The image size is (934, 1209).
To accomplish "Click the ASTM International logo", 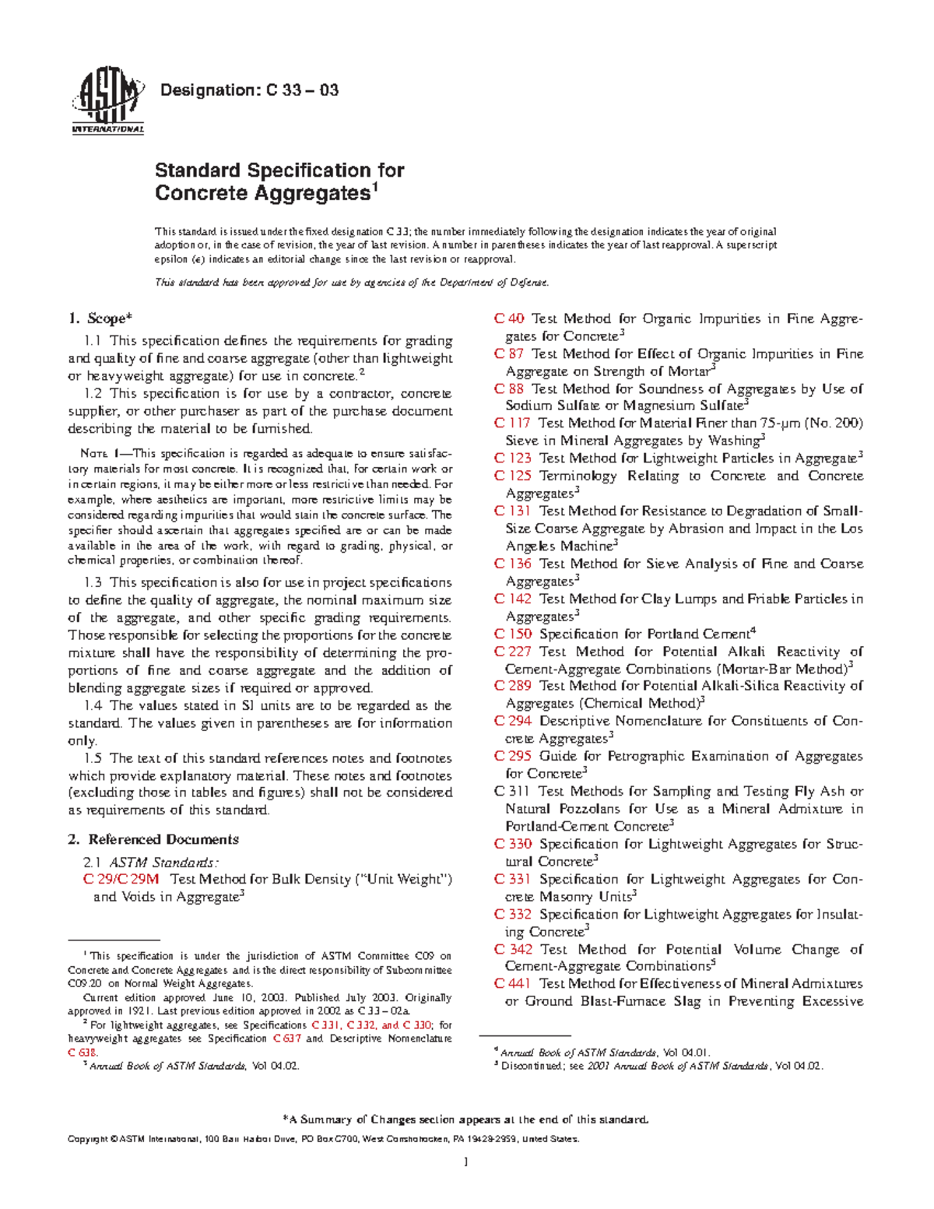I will click(x=107, y=104).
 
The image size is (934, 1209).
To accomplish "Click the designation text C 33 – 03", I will click(x=249, y=90).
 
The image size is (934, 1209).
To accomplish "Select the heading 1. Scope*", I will click(x=100, y=318).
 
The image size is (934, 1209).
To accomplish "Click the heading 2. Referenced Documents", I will click(x=153, y=839).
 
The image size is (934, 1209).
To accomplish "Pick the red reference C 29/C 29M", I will click(x=121, y=879).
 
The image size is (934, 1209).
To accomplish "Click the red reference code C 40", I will click(x=509, y=318).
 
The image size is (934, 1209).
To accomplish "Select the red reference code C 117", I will click(x=512, y=423).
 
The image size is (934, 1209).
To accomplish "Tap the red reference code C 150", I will click(x=513, y=634).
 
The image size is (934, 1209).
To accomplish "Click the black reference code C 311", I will click(x=512, y=791).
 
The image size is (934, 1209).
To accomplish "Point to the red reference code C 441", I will click(x=513, y=983).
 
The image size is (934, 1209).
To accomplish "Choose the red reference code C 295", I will click(x=513, y=756).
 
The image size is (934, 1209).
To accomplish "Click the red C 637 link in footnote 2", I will click(x=286, y=1039).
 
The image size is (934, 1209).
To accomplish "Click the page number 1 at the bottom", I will click(x=466, y=1162).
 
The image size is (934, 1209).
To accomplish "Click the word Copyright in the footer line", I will click(x=87, y=1139).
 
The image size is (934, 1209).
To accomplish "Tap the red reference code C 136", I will click(x=513, y=564).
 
